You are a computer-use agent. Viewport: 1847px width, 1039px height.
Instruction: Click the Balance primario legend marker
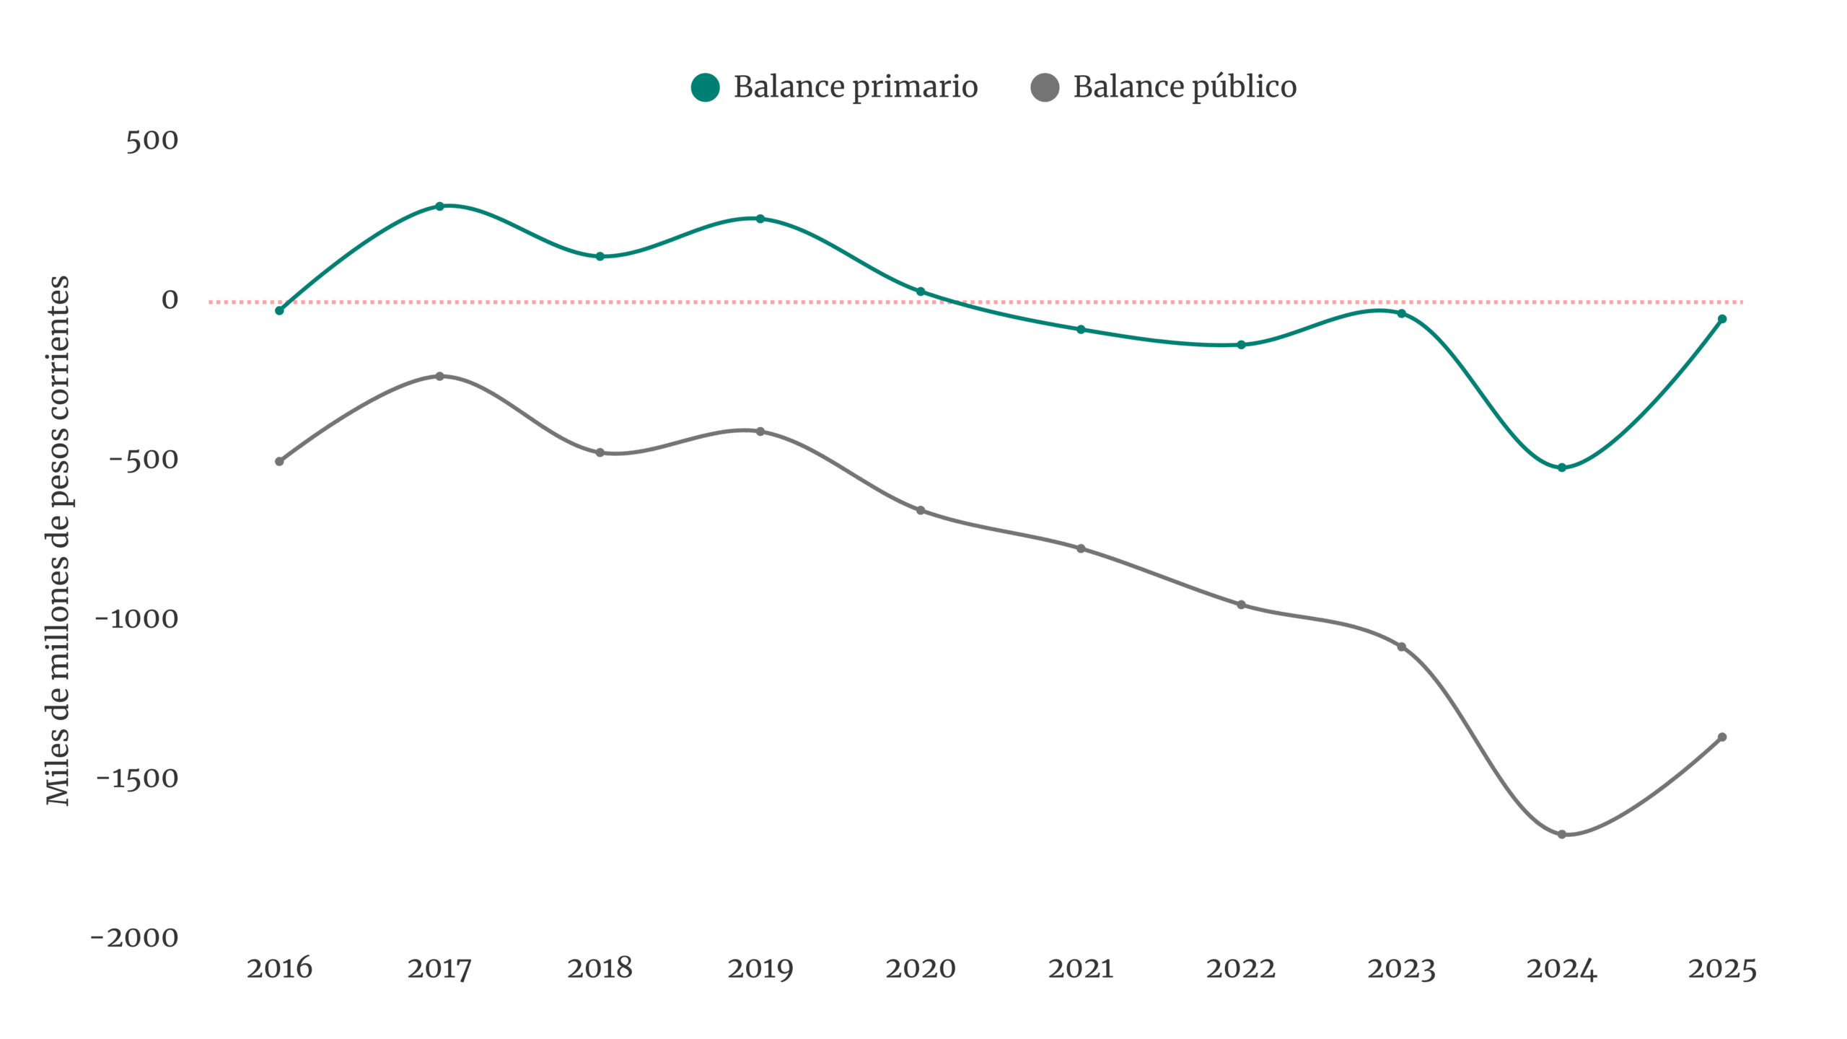tap(705, 88)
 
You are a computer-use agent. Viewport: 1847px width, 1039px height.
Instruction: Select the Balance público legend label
tap(1185, 87)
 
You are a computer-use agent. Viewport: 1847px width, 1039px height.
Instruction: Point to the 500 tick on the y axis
tap(152, 141)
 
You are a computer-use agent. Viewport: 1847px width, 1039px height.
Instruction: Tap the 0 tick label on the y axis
tap(170, 300)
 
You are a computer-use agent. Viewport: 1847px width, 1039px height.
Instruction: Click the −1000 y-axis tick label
tap(136, 619)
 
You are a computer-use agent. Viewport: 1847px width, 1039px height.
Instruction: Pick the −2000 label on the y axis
tap(135, 938)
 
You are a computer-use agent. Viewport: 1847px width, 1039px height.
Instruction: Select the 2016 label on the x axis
tap(279, 968)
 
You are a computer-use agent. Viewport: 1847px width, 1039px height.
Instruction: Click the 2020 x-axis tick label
tap(921, 968)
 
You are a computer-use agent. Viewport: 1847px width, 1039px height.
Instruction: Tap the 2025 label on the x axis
tap(1722, 968)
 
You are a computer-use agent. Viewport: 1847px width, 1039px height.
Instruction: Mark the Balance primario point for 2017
tap(439, 206)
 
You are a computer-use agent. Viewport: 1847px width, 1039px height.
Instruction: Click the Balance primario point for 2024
tap(1562, 468)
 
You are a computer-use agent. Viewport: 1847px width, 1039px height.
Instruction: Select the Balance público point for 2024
tap(1562, 835)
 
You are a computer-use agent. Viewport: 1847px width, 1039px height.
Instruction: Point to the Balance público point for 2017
tap(439, 376)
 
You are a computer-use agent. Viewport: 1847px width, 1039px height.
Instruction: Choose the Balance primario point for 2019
tap(760, 218)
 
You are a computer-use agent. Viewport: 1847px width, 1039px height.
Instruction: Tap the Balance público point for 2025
tap(1722, 737)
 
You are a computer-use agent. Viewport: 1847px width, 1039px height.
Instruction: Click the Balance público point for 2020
tap(921, 511)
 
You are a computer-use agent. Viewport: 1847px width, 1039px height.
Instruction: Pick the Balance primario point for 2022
tap(1241, 345)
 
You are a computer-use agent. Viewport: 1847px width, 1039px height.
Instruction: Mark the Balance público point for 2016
tap(279, 461)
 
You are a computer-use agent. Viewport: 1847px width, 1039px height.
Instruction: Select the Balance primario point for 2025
tap(1722, 319)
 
